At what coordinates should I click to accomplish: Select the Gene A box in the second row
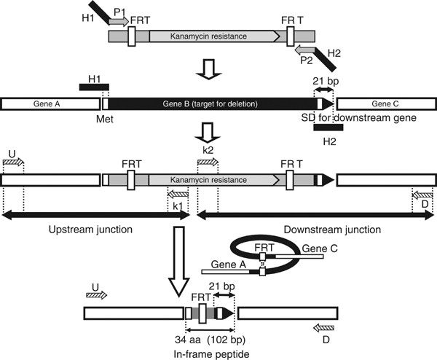coord(50,103)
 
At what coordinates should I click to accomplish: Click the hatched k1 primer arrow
coord(178,195)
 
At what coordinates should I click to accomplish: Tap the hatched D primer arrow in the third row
coord(422,195)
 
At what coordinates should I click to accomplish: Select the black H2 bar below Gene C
coord(328,128)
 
